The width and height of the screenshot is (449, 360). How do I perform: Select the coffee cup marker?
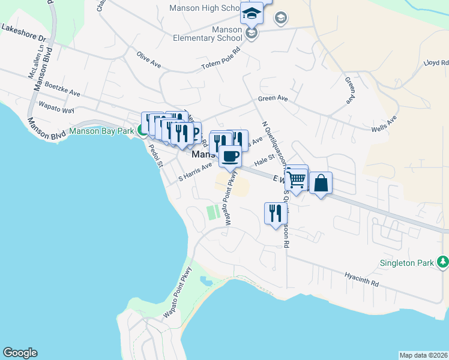[x=230, y=157]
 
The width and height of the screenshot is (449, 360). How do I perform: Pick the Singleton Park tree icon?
[x=442, y=262]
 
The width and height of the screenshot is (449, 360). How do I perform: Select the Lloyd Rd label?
[x=436, y=62]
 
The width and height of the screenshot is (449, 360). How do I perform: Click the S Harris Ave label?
[x=196, y=172]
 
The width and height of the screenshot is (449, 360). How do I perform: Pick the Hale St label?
[x=264, y=160]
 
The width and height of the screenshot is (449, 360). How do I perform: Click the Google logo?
[x=20, y=353]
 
